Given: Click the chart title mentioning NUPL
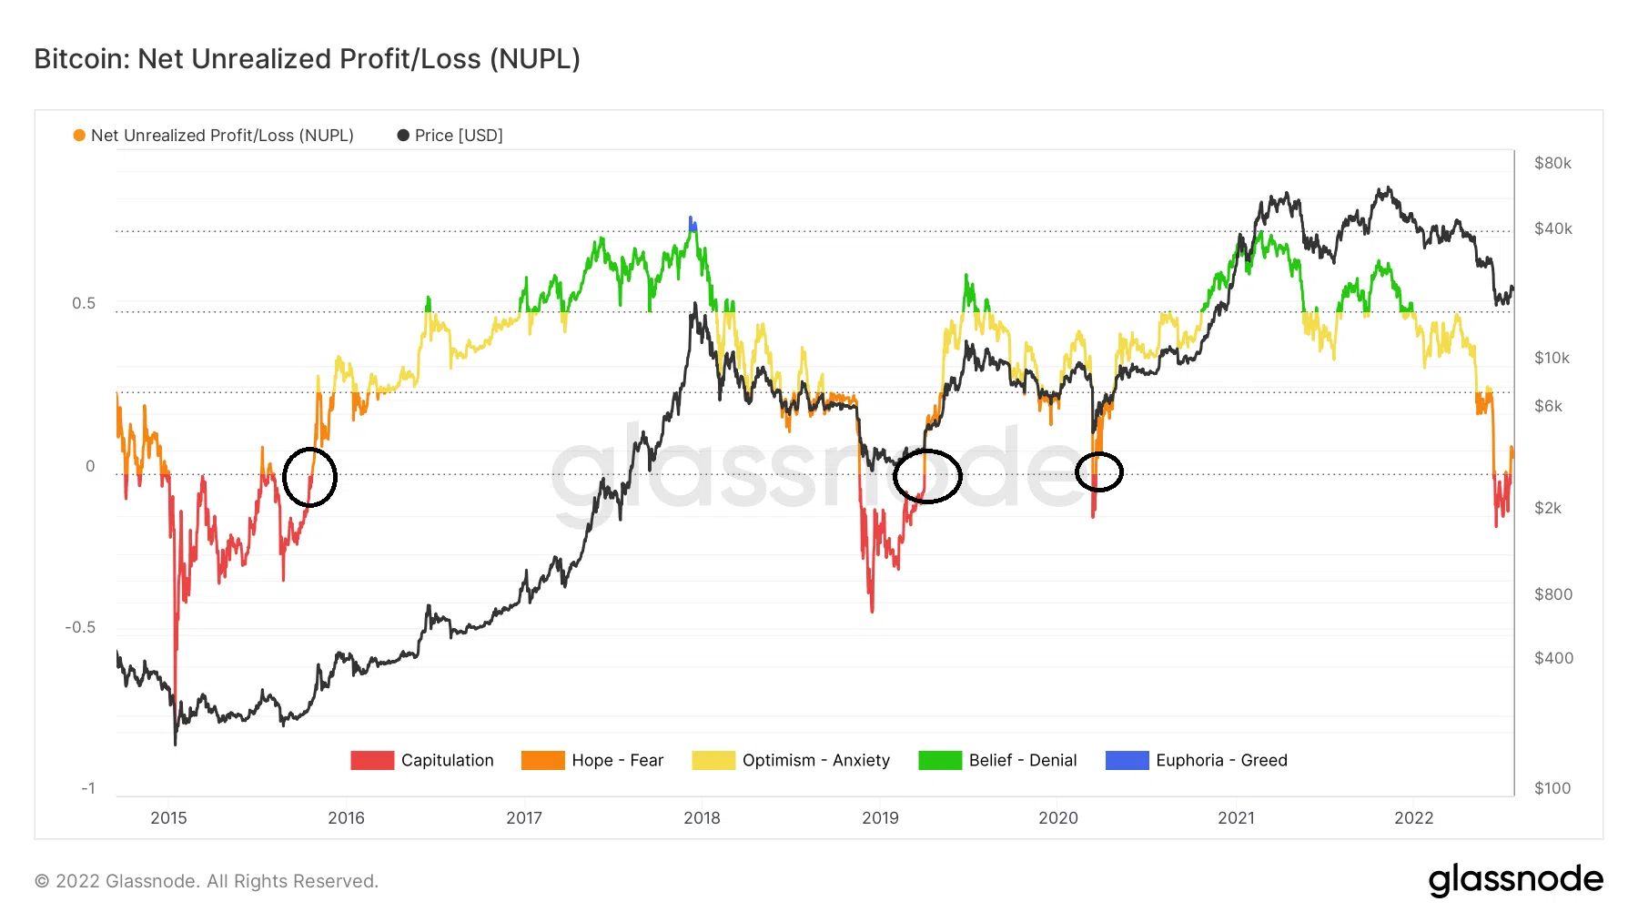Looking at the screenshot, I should tap(307, 59).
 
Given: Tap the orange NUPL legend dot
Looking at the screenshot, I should tap(79, 136).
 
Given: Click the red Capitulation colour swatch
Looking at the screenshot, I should tap(372, 760).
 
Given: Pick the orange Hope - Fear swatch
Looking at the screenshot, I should tap(542, 760).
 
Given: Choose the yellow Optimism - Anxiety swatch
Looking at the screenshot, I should tap(713, 760).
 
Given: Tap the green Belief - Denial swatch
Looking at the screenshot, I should tap(940, 760).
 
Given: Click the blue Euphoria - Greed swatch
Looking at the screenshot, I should tap(1127, 760).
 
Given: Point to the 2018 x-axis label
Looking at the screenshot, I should tap(702, 817).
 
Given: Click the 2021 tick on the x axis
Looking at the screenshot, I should tap(1236, 817).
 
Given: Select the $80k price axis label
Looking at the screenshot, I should tap(1552, 163).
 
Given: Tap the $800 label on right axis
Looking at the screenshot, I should tap(1552, 594).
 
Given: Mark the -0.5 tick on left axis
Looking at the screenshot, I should tap(80, 627).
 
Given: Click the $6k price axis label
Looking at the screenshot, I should tap(1548, 406).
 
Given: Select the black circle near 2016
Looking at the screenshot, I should tap(309, 477).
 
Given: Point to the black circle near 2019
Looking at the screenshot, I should tap(927, 476).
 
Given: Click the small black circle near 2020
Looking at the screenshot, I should tap(1099, 471).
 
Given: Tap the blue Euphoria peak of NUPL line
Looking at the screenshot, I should tap(692, 223).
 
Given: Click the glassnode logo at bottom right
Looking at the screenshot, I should tap(1515, 880).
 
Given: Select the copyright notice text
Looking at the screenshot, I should tap(207, 881).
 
